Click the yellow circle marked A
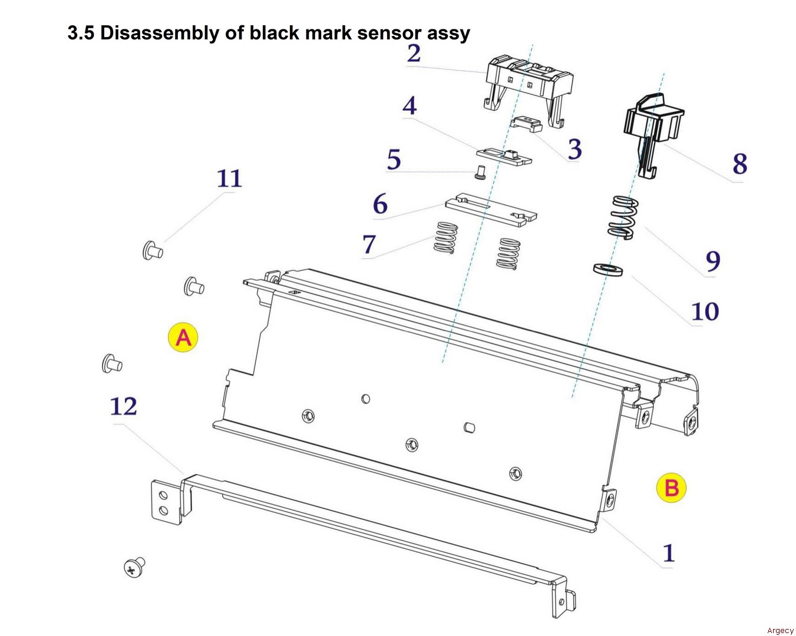point(183,337)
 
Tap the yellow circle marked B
point(671,488)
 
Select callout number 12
point(124,406)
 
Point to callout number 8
point(739,164)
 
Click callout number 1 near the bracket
point(668,553)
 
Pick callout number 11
point(229,178)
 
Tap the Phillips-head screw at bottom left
point(135,567)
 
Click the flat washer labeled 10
point(607,269)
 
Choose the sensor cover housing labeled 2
point(529,82)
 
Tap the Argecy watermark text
point(780,631)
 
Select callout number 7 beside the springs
point(369,244)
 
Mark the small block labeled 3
point(526,124)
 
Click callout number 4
point(409,106)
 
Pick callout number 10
point(705,312)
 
